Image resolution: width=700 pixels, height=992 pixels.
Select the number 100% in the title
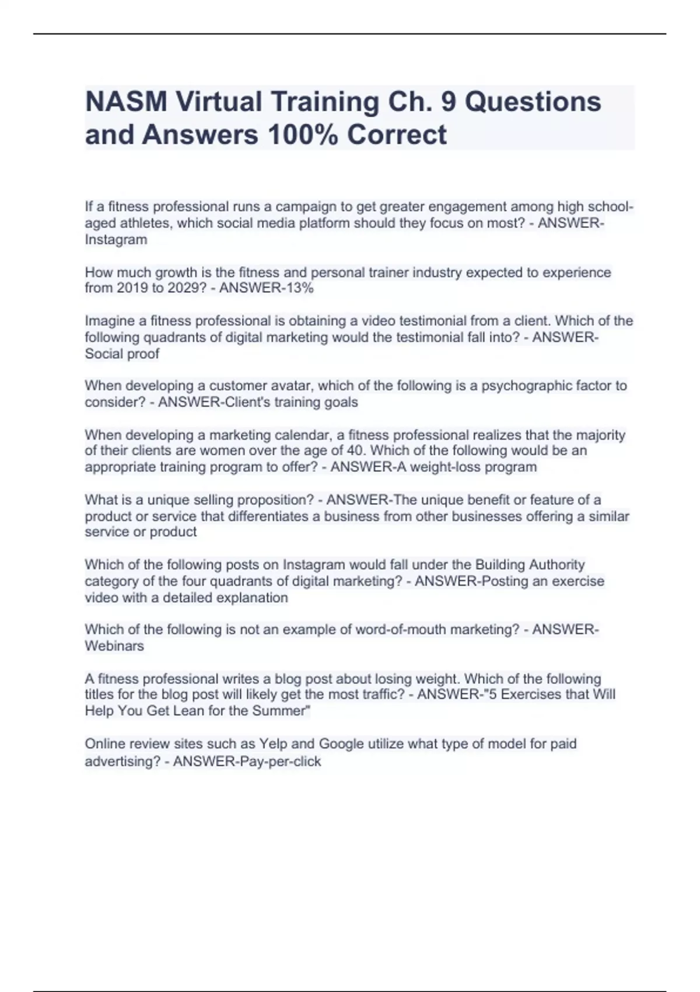(302, 135)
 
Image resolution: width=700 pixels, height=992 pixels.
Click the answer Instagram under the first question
(116, 240)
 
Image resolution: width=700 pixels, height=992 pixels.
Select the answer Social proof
(122, 354)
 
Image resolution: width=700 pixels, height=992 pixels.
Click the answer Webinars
(114, 646)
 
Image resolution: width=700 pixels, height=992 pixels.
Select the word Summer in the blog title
(279, 711)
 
